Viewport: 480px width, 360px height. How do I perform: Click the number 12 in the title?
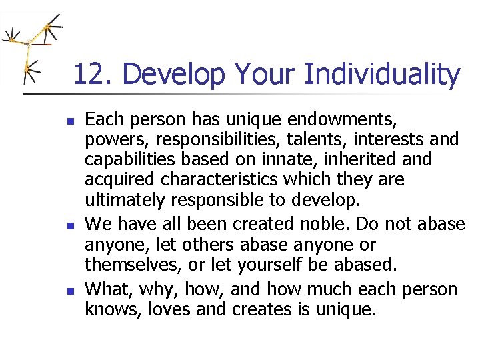87,75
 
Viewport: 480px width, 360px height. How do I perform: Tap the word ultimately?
125,200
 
